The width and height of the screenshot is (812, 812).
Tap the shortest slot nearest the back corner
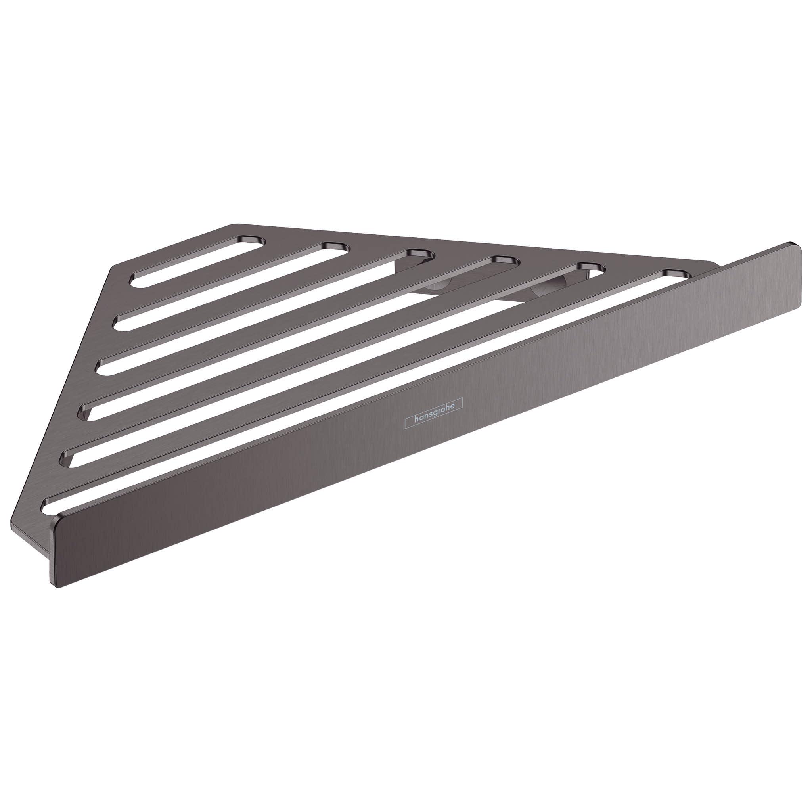click(197, 262)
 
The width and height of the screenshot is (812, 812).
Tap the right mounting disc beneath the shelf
click(542, 290)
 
